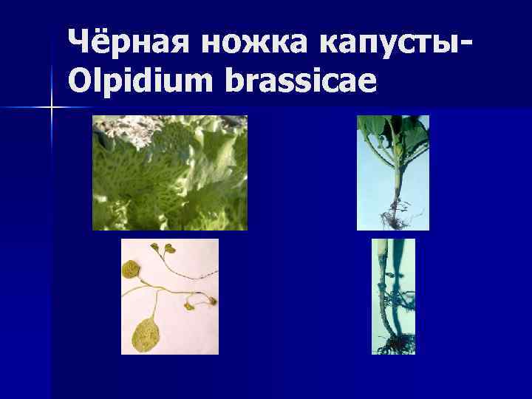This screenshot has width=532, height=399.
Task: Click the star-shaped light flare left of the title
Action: click(52, 108)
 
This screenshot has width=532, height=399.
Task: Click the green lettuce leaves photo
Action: click(169, 177)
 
